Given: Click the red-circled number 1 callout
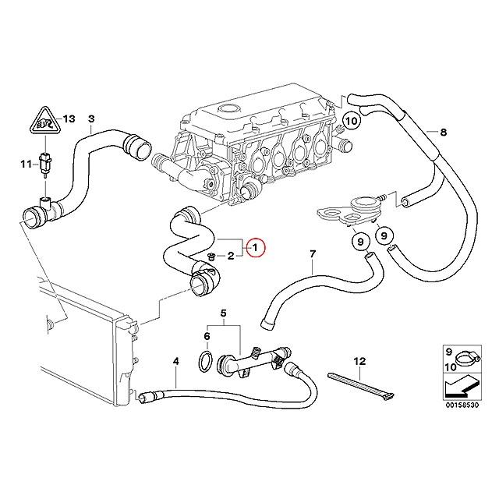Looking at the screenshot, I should pos(256,248).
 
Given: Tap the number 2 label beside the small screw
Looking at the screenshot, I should pos(231,256).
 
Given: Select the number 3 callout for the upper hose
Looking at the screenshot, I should pos(90,119).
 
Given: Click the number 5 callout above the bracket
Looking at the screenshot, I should pos(223,315).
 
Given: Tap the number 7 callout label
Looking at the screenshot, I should pos(312,254).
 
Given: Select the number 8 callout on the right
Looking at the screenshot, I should pos(444,132).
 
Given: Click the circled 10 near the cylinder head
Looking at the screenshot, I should pos(351,121).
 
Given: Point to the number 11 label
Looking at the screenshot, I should pos(25,164).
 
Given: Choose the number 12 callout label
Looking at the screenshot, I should pos(359,361).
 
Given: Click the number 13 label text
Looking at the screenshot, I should pos(69,119).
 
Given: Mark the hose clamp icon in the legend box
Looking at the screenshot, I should pos(467,358).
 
